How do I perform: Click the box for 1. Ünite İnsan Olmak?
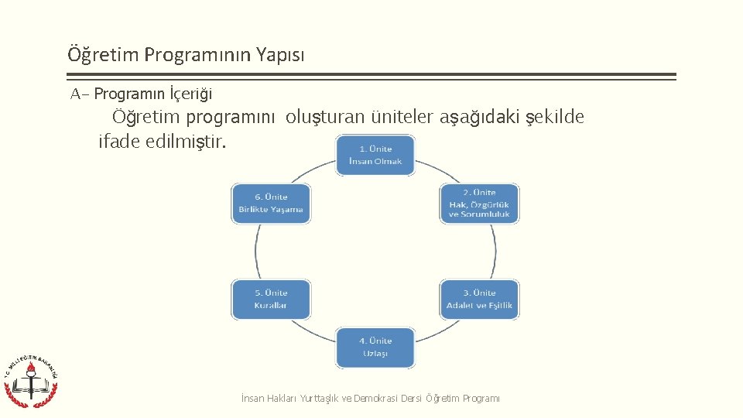pyautogui.click(x=375, y=155)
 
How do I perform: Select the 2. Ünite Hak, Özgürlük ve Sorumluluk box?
pyautogui.click(x=480, y=204)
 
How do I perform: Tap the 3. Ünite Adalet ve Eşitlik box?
pyautogui.click(x=480, y=300)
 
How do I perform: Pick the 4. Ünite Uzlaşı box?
pyautogui.click(x=375, y=348)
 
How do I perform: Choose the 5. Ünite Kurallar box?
pyautogui.click(x=271, y=300)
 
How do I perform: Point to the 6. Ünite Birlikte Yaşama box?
pyautogui.click(x=271, y=204)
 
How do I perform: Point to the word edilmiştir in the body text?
pyautogui.click(x=186, y=142)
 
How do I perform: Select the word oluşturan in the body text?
pyautogui.click(x=322, y=118)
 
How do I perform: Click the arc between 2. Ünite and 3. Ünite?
pyautogui.click(x=495, y=252)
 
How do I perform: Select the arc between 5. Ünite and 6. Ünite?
pyautogui.click(x=256, y=252)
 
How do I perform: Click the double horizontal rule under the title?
pyautogui.click(x=371, y=77)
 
